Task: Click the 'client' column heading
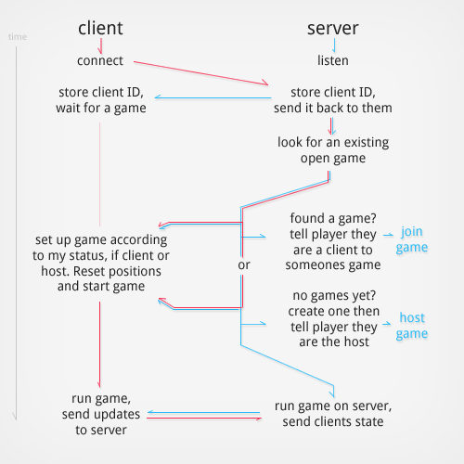[x=100, y=27]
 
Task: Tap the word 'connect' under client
[x=100, y=60]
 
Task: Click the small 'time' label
[x=17, y=37]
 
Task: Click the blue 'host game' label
[x=412, y=326]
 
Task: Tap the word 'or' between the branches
[x=244, y=265]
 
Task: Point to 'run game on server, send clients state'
[x=334, y=415]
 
